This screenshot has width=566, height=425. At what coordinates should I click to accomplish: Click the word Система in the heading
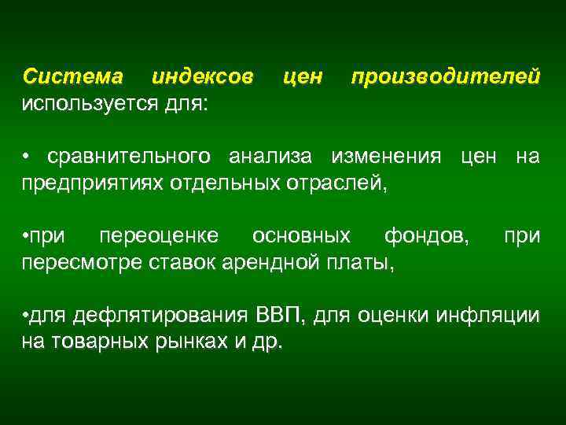click(73, 77)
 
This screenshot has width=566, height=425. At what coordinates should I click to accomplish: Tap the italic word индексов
click(202, 77)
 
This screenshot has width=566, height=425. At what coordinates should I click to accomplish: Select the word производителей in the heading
click(446, 77)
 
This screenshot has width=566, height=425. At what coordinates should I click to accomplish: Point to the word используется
click(86, 103)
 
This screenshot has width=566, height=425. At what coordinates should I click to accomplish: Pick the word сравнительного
click(129, 157)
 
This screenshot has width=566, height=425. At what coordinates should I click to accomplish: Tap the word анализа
click(274, 157)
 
